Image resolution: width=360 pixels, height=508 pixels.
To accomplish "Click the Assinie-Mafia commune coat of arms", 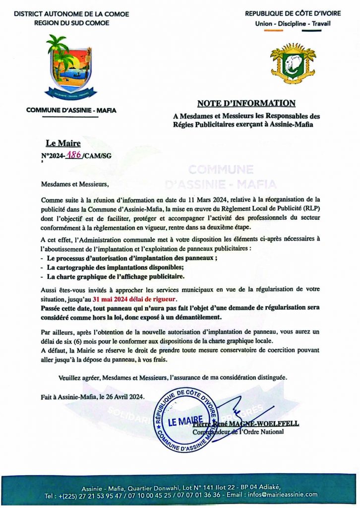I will pyautogui.click(x=71, y=66).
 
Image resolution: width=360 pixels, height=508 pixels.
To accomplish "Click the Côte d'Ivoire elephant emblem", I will pyautogui.click(x=293, y=63).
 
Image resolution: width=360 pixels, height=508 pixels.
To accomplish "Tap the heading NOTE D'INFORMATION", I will pyautogui.click(x=246, y=103).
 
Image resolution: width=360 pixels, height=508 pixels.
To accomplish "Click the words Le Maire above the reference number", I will pyautogui.click(x=63, y=144).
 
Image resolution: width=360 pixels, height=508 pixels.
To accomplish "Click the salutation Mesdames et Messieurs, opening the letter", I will pyautogui.click(x=74, y=185).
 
